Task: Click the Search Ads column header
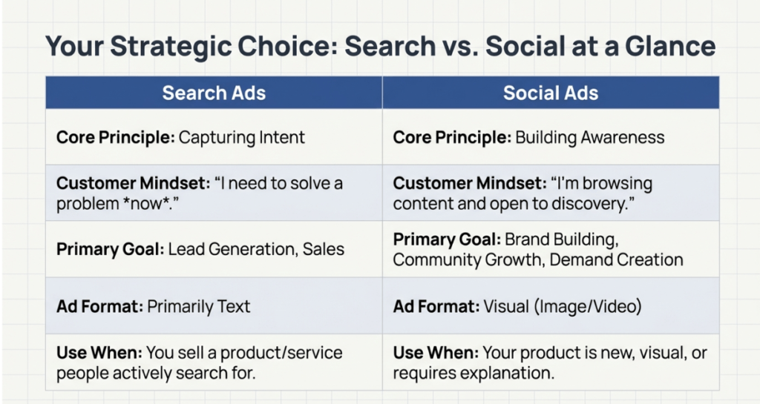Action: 214,93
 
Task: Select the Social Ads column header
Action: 551,93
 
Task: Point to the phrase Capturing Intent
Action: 241,137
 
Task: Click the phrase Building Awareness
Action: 590,137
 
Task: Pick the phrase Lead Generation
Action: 232,249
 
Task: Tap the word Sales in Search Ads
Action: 324,249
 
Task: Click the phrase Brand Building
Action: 561,239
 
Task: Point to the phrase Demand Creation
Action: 616,259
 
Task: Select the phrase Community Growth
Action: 468,259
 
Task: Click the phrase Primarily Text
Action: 199,306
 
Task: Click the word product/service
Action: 281,353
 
